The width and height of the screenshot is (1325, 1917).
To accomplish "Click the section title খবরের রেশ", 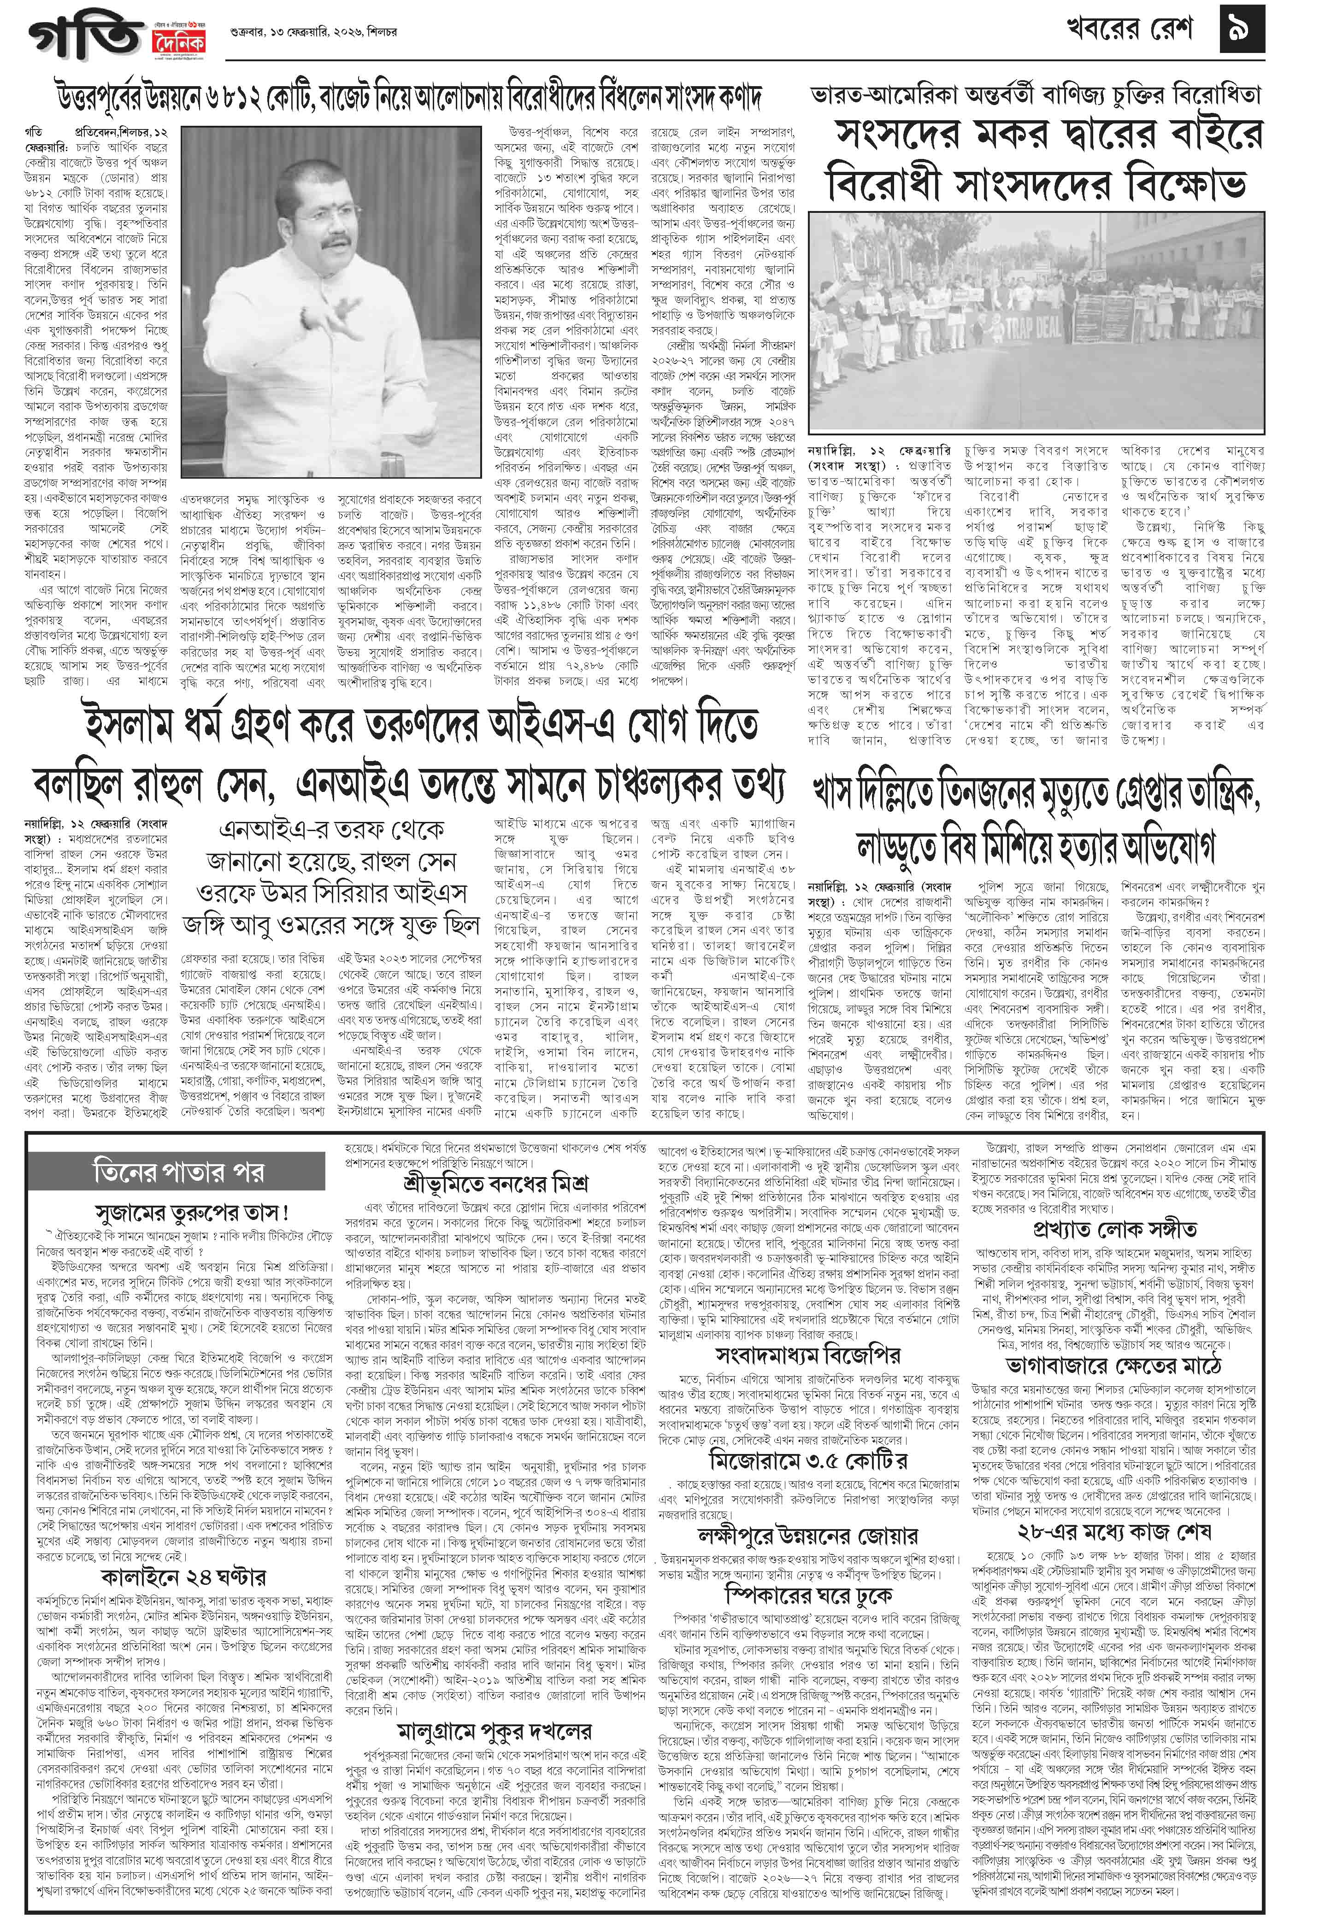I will point(1129,31).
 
